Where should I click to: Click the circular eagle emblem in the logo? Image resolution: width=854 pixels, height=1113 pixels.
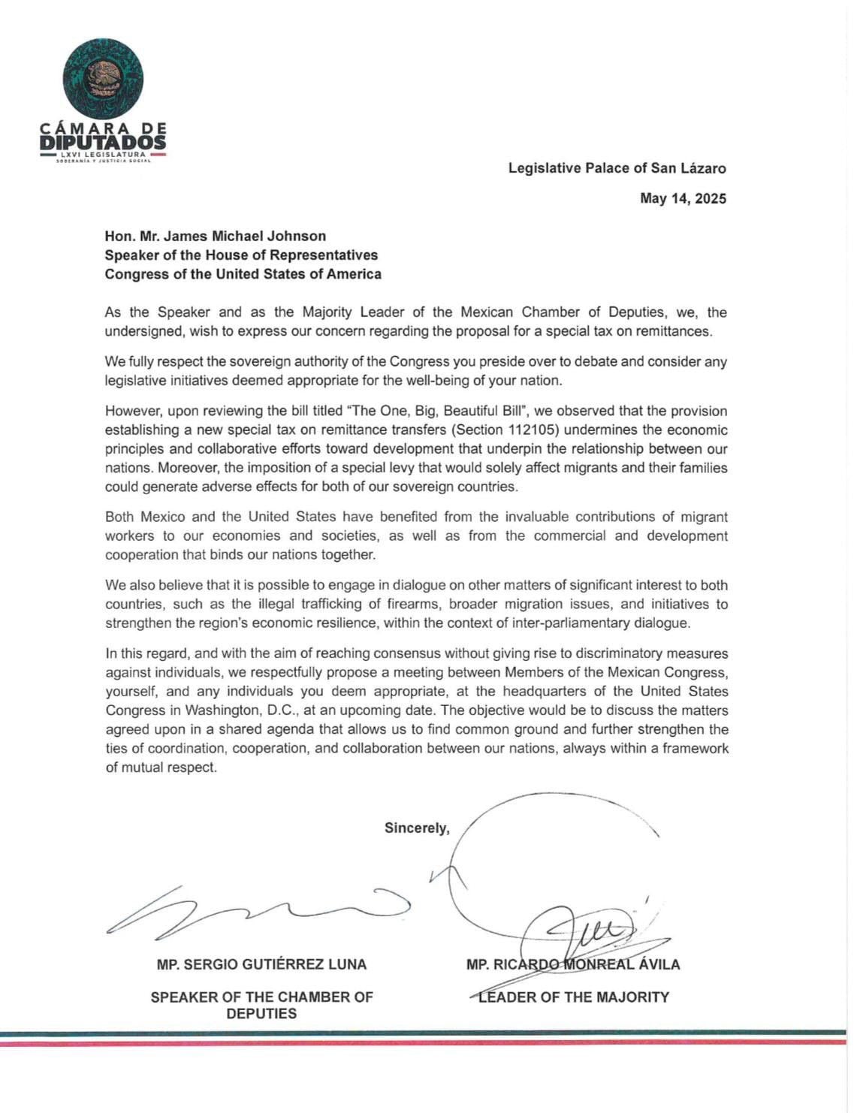(103, 79)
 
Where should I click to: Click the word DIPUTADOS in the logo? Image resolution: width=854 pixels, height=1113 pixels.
(103, 141)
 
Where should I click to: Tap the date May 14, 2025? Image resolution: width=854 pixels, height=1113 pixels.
(683, 199)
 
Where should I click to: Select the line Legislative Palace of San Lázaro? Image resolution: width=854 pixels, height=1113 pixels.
(617, 168)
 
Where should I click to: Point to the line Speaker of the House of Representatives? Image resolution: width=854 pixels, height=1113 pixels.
(241, 255)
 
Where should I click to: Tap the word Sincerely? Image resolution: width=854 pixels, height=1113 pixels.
(417, 828)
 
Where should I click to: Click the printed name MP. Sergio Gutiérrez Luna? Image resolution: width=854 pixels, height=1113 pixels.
(261, 964)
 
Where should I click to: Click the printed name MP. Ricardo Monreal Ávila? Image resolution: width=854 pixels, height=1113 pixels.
(572, 964)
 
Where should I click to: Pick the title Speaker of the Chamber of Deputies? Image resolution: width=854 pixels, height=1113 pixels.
(261, 1005)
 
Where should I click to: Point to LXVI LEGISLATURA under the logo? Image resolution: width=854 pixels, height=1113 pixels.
(103, 155)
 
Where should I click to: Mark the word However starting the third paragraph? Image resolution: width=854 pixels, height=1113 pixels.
(132, 412)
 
